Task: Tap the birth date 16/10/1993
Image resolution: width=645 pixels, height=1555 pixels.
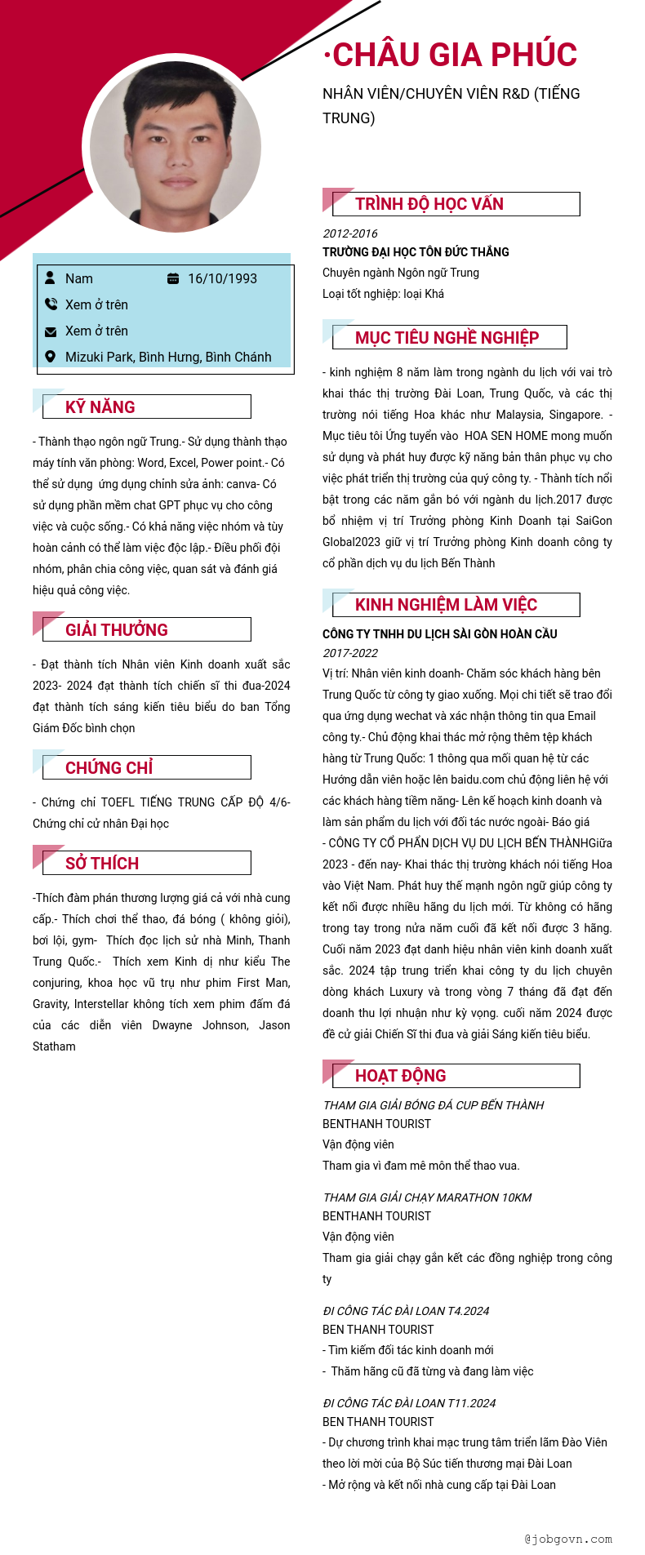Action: pos(222,278)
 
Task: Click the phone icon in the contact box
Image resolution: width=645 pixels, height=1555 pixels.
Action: pos(51,304)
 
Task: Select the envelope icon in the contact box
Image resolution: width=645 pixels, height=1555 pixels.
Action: pos(51,331)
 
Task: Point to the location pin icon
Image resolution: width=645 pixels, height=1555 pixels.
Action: pos(51,357)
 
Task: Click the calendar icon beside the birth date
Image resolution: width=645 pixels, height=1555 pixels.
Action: pos(173,278)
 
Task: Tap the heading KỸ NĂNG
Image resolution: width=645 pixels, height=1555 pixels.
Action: pos(100,407)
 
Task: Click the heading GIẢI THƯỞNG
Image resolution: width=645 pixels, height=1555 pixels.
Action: pos(117,629)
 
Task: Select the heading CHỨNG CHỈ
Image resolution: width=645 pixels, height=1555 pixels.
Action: pos(109,767)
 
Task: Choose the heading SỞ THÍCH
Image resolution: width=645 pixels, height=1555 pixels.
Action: pos(102,863)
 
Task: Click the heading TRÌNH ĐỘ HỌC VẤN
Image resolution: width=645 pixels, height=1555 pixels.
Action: pos(429,204)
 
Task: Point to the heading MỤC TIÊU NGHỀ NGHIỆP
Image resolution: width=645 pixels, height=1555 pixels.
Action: pos(447,337)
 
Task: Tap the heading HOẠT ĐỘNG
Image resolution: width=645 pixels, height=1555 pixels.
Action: pos(400,1075)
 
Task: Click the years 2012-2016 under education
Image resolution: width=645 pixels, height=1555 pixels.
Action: pos(349,233)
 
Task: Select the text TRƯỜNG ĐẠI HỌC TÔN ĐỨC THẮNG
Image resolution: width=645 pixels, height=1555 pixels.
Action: pos(416,252)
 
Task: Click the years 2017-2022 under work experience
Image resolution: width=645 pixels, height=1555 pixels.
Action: pos(349,653)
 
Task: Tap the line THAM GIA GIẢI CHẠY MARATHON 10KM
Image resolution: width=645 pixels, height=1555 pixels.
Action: pos(427,1197)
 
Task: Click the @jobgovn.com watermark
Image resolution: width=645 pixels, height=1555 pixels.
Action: pos(568,1539)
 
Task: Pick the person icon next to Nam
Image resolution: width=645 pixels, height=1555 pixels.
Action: pos(50,278)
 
